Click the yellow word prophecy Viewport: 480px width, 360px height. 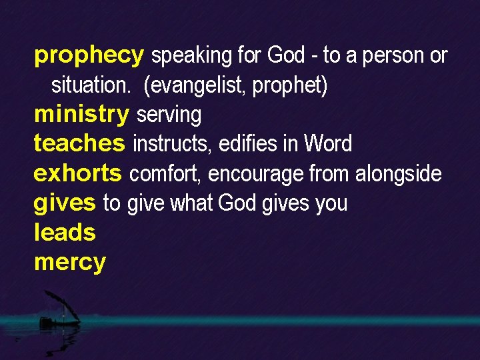88,56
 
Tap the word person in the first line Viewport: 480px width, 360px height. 393,56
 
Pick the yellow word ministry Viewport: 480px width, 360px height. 81,115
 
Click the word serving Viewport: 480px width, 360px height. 169,115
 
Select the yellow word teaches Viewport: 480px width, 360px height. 79,143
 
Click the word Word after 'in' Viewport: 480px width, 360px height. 327,144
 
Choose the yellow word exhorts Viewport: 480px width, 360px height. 78,173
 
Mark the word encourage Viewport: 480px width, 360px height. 255,175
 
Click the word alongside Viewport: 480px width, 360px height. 398,174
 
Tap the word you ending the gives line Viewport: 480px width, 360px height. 331,203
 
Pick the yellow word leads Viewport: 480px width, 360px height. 65,233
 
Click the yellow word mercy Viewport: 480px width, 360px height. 70,263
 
